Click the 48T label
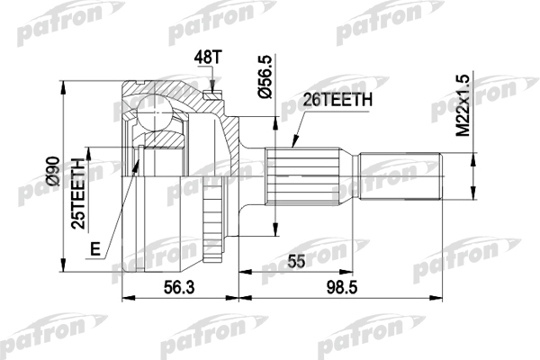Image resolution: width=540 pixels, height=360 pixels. pos(208,58)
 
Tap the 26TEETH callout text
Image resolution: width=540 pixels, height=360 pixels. pos(337,100)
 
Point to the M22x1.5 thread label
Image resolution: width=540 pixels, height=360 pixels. pos(463,105)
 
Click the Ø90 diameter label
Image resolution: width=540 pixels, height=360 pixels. pos(54,171)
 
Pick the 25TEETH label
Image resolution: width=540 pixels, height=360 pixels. pos(78,193)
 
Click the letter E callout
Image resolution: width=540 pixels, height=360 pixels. pos(95,248)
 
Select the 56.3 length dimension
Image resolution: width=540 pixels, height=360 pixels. pos(179,287)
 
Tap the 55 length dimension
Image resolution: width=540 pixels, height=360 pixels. pos(296,262)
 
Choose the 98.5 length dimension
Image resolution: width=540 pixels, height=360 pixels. pos(342,287)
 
